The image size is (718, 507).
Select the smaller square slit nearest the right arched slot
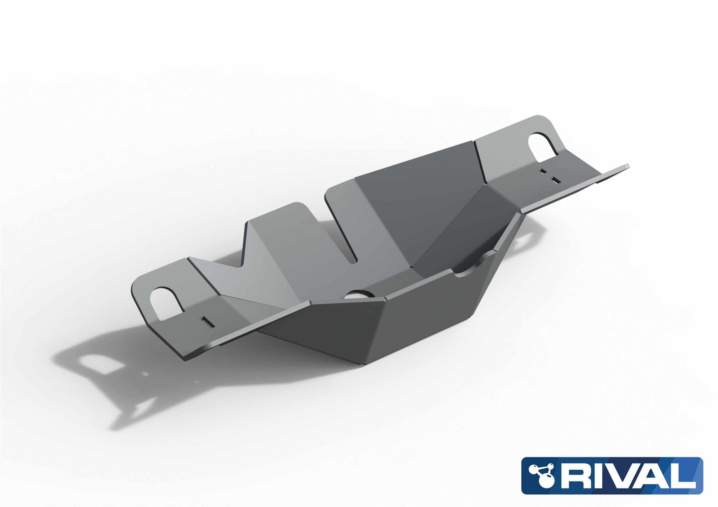click(x=544, y=171)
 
